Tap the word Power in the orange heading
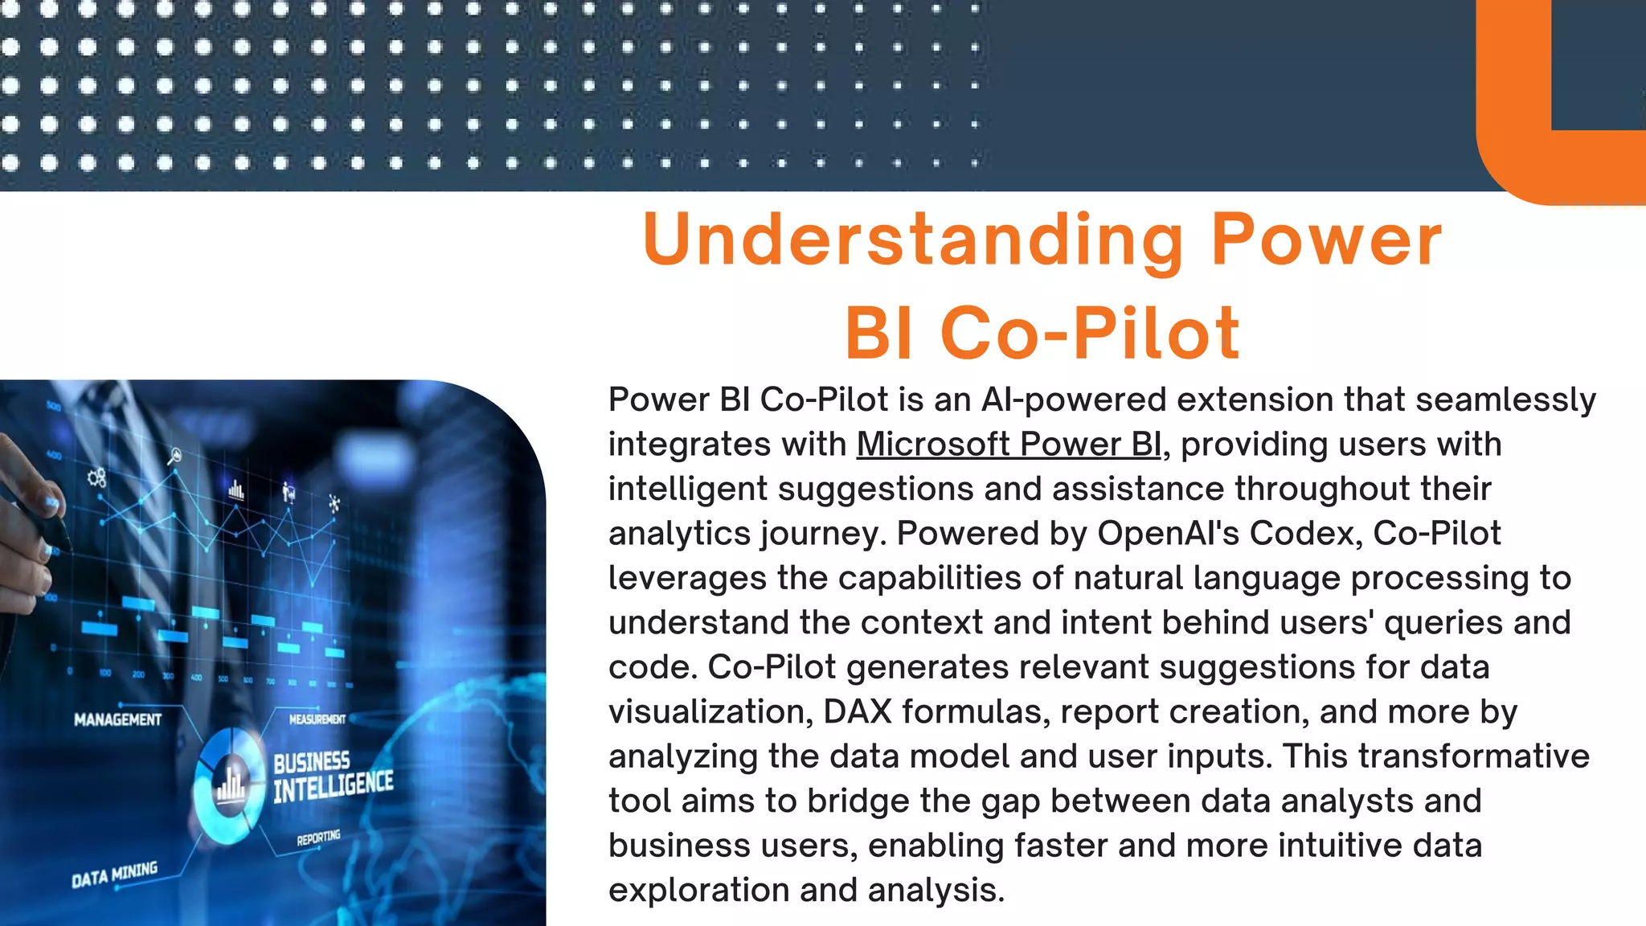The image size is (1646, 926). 1326,240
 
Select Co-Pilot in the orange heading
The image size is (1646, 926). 1089,334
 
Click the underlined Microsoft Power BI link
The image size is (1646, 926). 1009,445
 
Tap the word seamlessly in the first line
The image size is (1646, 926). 1505,400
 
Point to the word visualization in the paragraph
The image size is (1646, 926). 709,712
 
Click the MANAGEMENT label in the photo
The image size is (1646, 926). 117,719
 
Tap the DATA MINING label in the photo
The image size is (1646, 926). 114,875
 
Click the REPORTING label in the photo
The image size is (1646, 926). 318,838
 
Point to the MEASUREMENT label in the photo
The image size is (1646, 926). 317,719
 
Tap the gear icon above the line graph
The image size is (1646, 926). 96,478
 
